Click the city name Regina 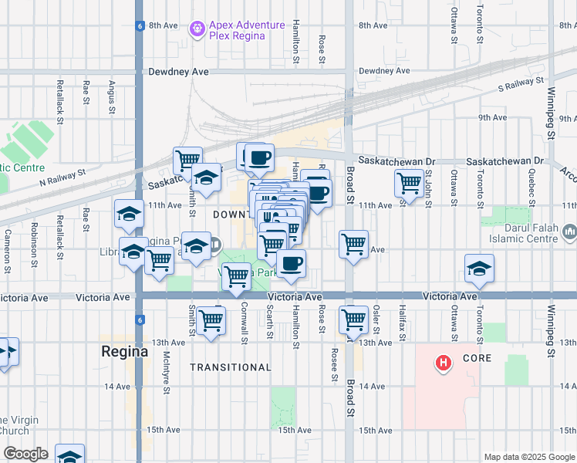pyautogui.click(x=124, y=351)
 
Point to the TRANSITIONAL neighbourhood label pyautogui.click(x=231, y=367)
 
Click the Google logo pyautogui.click(x=25, y=454)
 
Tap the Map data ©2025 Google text pyautogui.click(x=529, y=457)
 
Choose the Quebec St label pyautogui.click(x=531, y=189)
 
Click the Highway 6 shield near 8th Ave pyautogui.click(x=139, y=25)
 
